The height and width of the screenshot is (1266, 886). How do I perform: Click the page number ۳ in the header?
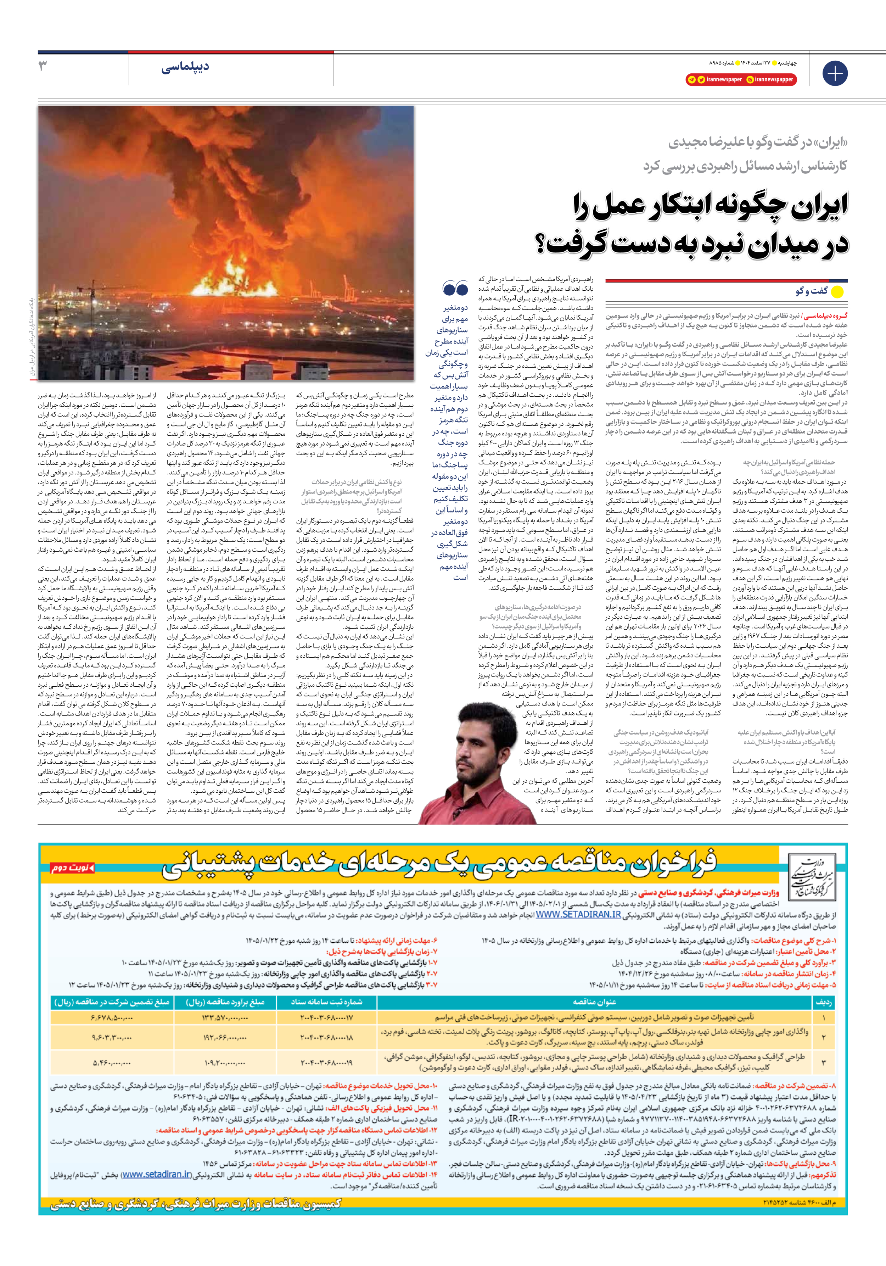43,67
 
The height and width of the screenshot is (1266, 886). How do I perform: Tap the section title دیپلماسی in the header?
185,68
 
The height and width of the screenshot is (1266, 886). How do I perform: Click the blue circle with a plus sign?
835,73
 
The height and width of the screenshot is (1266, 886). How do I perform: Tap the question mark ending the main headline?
545,244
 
